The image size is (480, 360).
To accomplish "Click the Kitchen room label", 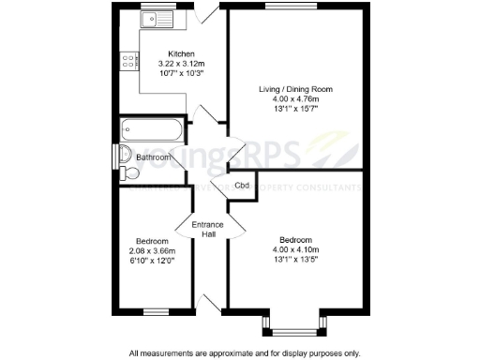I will click(181, 53).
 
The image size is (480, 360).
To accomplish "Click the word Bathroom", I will click(154, 157).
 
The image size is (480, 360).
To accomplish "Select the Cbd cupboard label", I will click(242, 185).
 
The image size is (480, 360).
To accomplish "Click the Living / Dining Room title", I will click(296, 90).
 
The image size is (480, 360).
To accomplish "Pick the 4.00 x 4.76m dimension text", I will click(296, 98).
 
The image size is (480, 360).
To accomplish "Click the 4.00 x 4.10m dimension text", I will click(296, 250).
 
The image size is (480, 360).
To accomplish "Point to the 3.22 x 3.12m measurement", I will click(181, 63).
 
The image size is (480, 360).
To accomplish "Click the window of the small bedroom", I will click(156, 311).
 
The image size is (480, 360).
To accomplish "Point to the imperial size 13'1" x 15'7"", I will click(296, 108).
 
